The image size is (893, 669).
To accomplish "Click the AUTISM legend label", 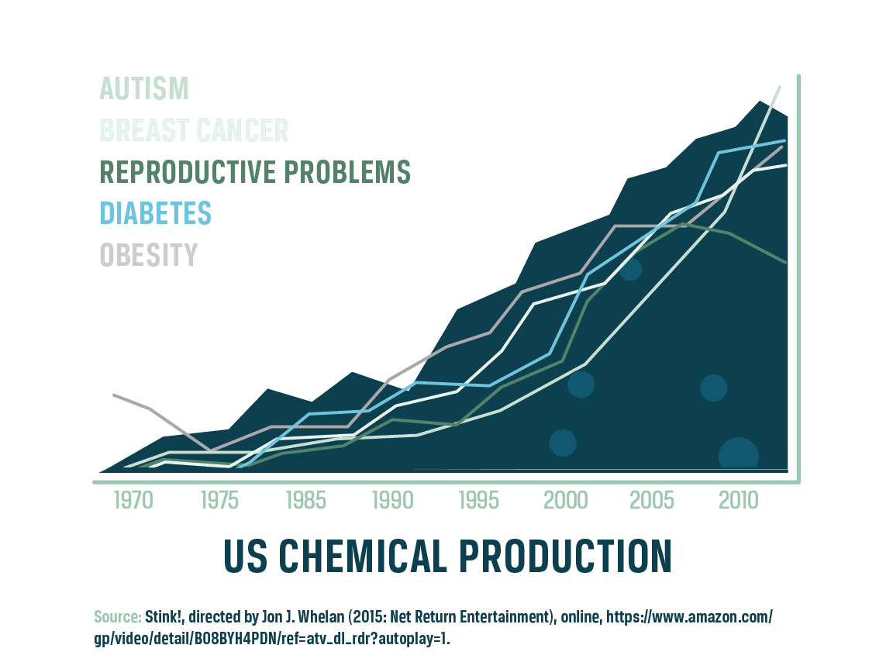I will coord(144,88).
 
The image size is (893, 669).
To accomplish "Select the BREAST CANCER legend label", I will coord(194,130).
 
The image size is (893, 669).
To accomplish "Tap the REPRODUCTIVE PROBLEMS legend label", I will coord(255,172).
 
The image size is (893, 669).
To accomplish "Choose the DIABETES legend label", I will coord(155,213).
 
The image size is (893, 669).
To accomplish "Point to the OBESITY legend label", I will coord(148,255).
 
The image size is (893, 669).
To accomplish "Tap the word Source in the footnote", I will coord(117,618).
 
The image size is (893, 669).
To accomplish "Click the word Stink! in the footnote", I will coord(163,618).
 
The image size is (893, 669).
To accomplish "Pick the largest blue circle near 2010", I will coord(738,456).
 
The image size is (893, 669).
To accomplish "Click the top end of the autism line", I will coord(779,88).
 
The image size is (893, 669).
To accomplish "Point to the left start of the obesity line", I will coord(115,395).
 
